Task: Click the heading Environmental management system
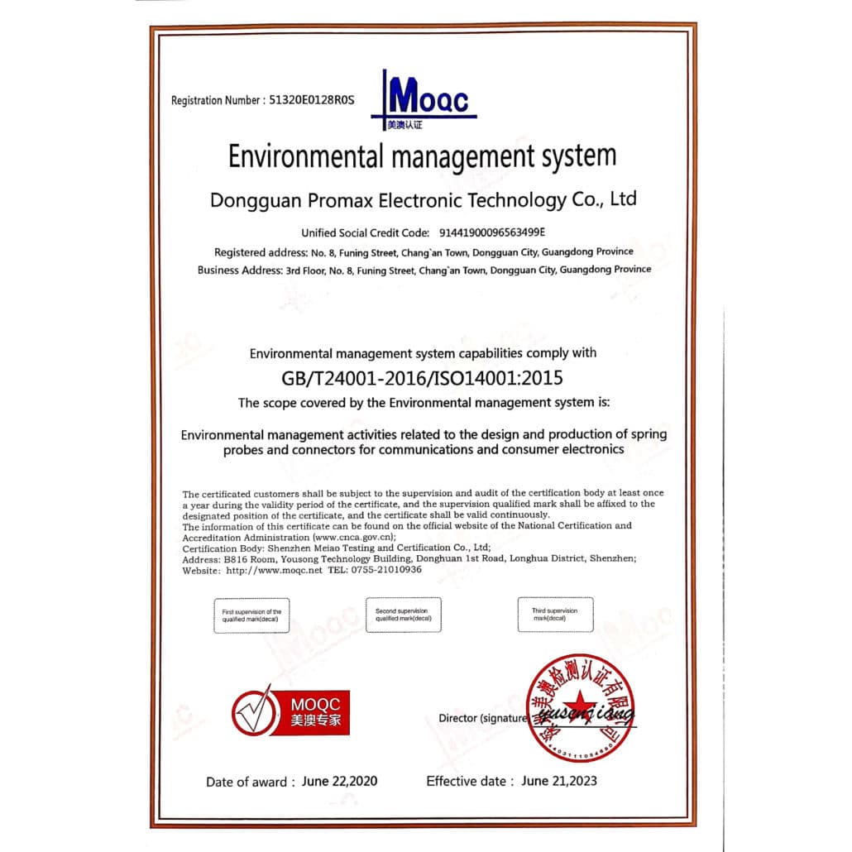423,156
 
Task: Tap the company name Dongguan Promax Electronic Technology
423,200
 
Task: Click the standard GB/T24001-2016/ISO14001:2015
423,379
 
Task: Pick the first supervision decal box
252,615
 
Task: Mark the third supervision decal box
555,615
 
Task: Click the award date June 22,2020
340,781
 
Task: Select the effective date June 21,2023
558,780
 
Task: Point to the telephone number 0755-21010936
385,571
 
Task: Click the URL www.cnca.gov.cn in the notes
353,536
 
